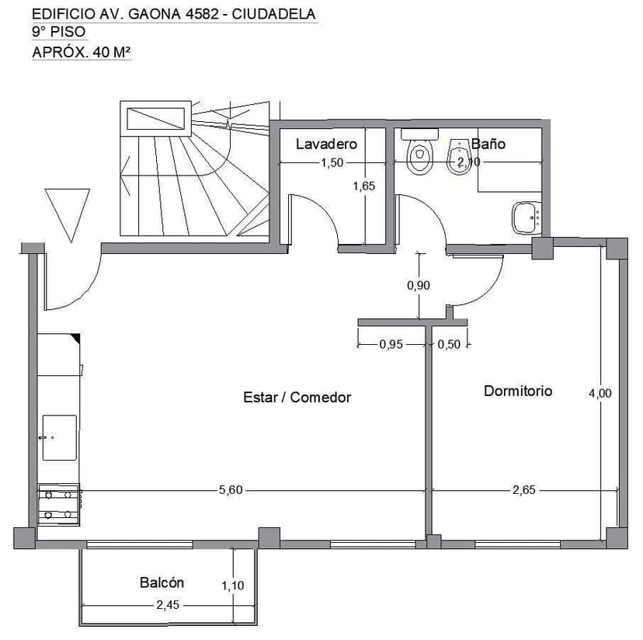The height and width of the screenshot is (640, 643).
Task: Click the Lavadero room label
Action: pyautogui.click(x=326, y=144)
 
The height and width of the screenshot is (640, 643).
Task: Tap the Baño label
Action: pyautogui.click(x=488, y=144)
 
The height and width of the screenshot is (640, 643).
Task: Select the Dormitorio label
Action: pyautogui.click(x=518, y=391)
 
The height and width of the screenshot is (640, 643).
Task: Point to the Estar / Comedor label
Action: pyautogui.click(x=297, y=397)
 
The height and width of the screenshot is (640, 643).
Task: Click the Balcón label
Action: pyautogui.click(x=162, y=583)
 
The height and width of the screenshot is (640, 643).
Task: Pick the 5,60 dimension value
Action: pyautogui.click(x=231, y=490)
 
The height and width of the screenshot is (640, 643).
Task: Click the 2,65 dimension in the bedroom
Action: pyautogui.click(x=524, y=490)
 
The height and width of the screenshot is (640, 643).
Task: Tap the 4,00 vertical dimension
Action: pyautogui.click(x=600, y=393)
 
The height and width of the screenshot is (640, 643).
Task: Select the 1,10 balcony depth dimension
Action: pyautogui.click(x=233, y=586)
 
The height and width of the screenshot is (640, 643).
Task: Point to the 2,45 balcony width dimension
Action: pyautogui.click(x=168, y=605)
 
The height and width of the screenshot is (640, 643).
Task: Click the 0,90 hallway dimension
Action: pyautogui.click(x=419, y=285)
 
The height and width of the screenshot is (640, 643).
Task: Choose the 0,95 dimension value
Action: pyautogui.click(x=391, y=344)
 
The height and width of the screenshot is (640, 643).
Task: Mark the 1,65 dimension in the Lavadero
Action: pyautogui.click(x=364, y=186)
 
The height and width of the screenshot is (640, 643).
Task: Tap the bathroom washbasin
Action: pyautogui.click(x=527, y=217)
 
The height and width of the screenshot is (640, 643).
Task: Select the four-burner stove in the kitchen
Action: pyautogui.click(x=59, y=505)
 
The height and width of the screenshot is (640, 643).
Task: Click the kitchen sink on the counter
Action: pyautogui.click(x=60, y=438)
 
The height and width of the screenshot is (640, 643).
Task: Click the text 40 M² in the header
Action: pyautogui.click(x=112, y=52)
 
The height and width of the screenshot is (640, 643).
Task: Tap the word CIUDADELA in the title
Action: pyautogui.click(x=273, y=14)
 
